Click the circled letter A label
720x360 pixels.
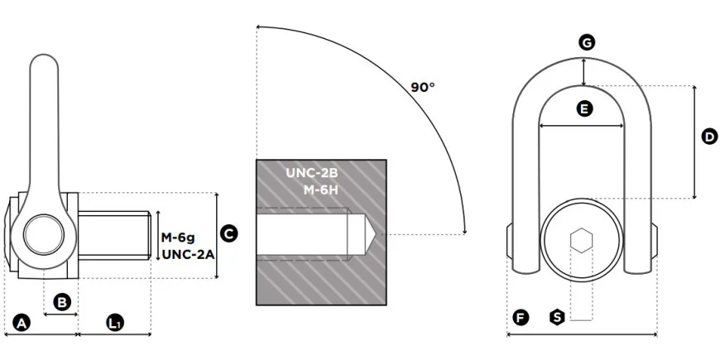pos(22,323)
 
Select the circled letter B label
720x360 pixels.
pos(62,302)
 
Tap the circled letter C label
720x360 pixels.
pos(228,233)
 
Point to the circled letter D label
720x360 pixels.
pos(710,137)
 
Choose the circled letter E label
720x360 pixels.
pos(584,108)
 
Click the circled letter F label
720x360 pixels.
pos(521,317)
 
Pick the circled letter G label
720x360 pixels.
pos(587,43)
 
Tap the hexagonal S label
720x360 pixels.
pos(557,317)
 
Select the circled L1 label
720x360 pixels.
pos(115,323)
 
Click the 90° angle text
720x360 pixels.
pos(422,87)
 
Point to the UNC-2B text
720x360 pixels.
pos(312,173)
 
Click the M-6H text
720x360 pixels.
pos(320,190)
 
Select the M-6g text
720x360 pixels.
pos(178,238)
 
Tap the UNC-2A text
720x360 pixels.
pos(188,254)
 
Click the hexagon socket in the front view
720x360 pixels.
pos(581,240)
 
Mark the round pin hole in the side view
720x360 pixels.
pos(44,235)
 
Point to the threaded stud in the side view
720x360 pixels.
pos(114,235)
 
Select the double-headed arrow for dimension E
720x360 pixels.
pos(581,125)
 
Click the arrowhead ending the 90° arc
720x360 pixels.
pos(465,231)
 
